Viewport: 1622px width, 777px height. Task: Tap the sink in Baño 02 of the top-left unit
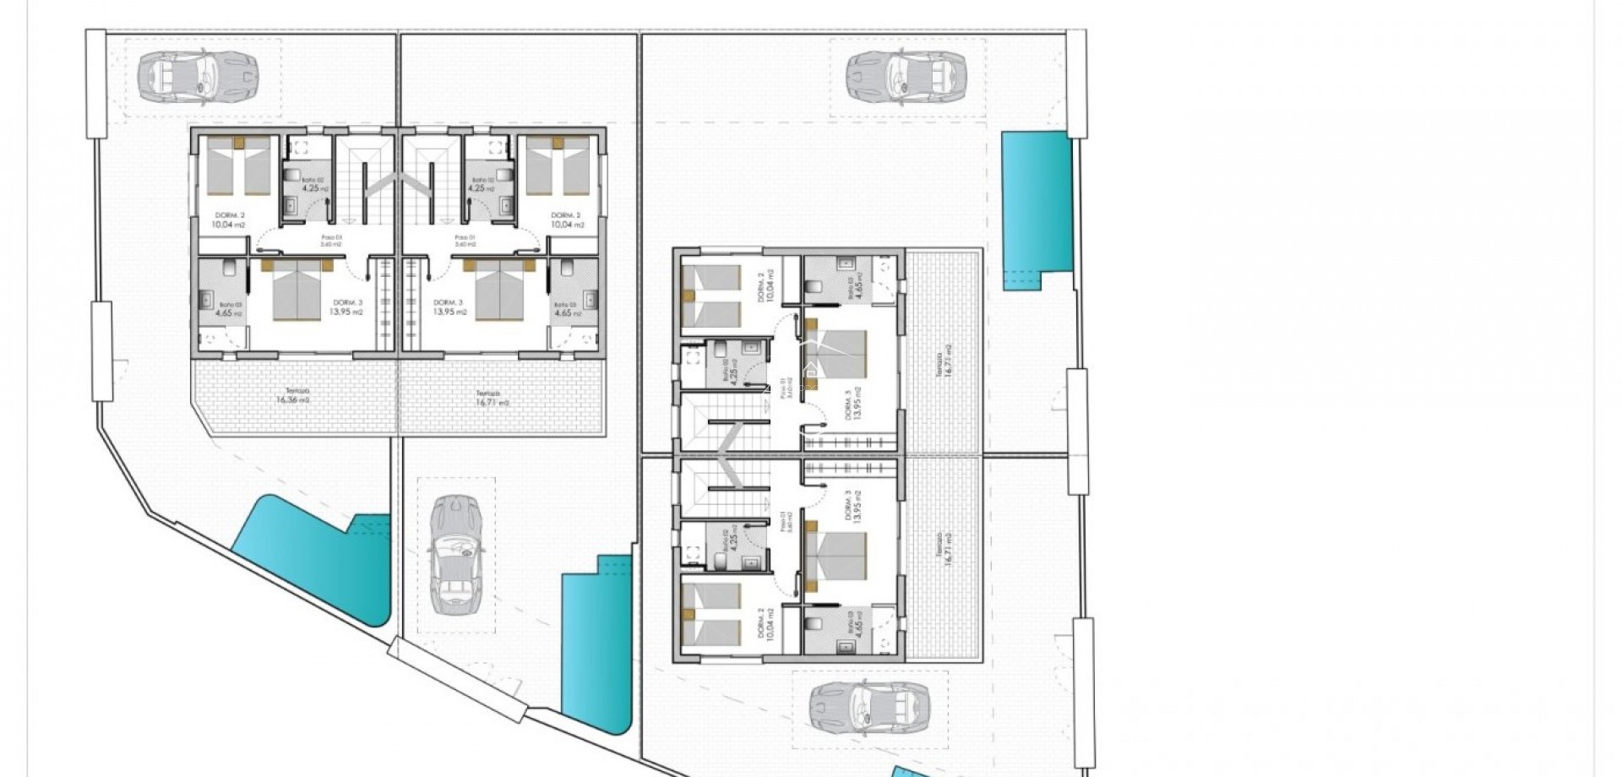(x=291, y=205)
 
